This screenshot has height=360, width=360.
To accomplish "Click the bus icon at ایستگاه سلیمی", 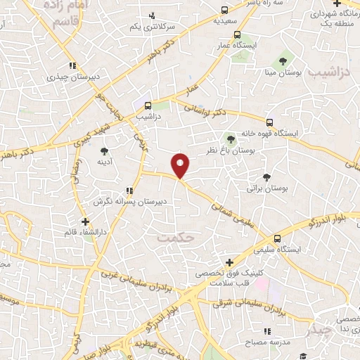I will tap(278, 238).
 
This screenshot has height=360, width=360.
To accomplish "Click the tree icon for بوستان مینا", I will tap(283, 60).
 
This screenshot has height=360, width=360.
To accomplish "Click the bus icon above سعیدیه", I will tap(224, 11).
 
